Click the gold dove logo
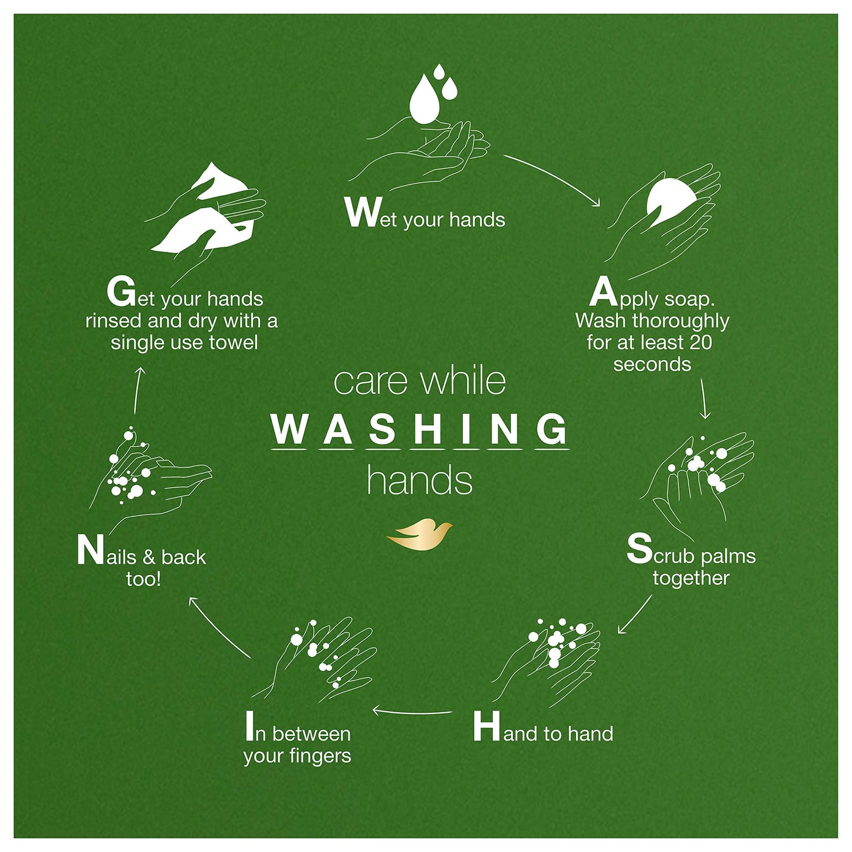(x=419, y=534)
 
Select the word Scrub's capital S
(x=639, y=549)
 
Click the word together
(x=691, y=578)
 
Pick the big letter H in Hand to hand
(x=487, y=726)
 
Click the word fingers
(x=324, y=756)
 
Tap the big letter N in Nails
(x=90, y=551)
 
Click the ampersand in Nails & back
(x=149, y=557)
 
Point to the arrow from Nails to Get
(x=138, y=390)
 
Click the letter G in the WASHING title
(x=551, y=429)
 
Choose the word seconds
(x=652, y=364)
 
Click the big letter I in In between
(x=250, y=726)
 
